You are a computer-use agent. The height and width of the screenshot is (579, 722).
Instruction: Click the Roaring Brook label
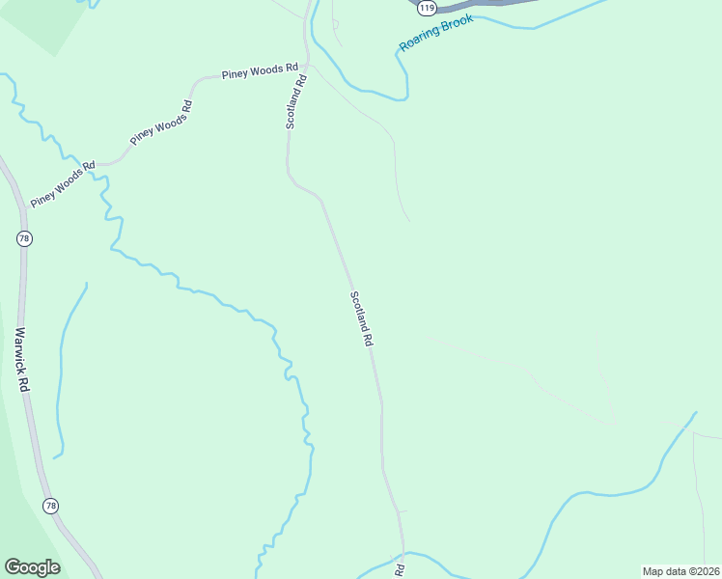click(x=437, y=34)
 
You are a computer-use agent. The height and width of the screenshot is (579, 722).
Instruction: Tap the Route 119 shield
click(x=427, y=7)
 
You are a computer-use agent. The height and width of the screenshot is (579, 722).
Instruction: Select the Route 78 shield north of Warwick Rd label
click(x=24, y=237)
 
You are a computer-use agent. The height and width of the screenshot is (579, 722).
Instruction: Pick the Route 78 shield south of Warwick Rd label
click(x=51, y=506)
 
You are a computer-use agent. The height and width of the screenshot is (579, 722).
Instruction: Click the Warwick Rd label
click(x=22, y=358)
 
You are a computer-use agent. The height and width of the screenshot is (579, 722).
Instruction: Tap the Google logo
click(x=32, y=567)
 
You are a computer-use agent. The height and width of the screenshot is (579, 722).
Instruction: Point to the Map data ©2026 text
click(x=680, y=571)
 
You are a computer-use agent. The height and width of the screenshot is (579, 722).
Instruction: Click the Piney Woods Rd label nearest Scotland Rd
click(x=259, y=71)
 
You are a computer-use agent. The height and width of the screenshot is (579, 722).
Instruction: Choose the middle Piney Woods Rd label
click(x=162, y=122)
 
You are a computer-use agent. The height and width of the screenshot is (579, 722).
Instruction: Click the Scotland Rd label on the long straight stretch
click(x=362, y=318)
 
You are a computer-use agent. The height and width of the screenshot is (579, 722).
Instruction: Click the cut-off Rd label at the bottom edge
click(x=399, y=568)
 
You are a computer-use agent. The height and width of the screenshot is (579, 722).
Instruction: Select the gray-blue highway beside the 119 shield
click(x=483, y=4)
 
